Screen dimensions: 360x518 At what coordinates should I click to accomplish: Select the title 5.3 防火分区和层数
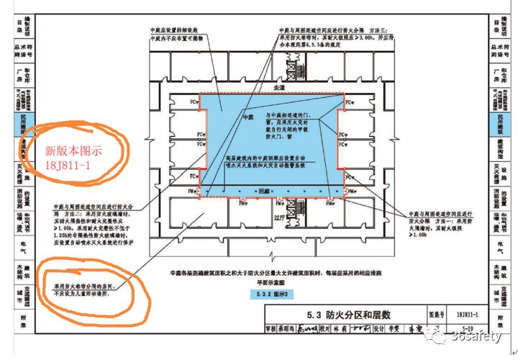tap(349, 314)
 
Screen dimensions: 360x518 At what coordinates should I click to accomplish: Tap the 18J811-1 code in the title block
tap(472, 314)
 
